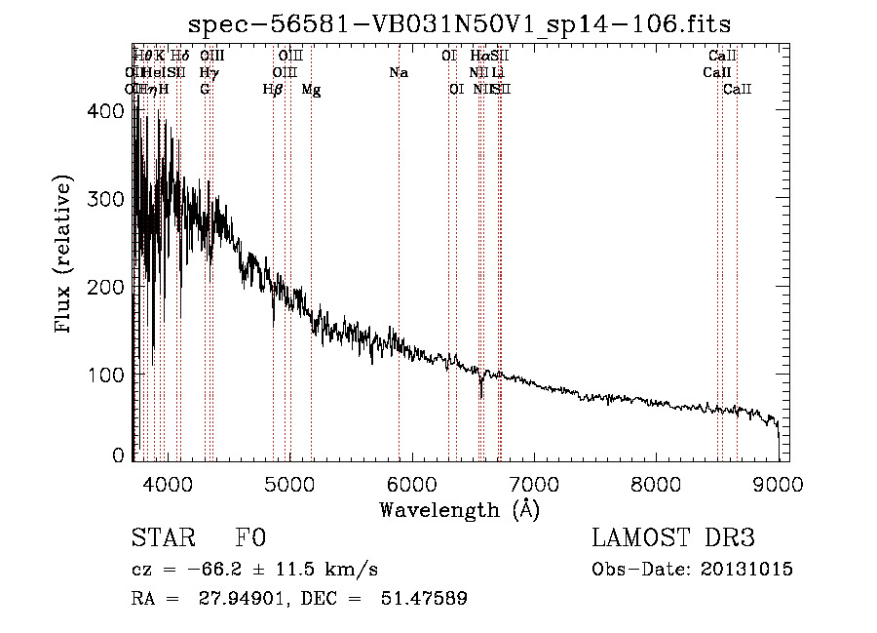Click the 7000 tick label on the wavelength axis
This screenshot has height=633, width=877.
click(x=533, y=483)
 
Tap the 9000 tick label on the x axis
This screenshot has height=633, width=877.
click(x=778, y=483)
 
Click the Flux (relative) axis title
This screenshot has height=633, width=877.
click(x=65, y=255)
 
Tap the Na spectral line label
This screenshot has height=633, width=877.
click(x=398, y=73)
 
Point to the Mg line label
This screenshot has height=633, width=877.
click(x=311, y=90)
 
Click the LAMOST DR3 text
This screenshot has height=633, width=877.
click(x=672, y=538)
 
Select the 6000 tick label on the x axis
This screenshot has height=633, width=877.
click(x=411, y=483)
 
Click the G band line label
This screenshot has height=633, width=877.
click(x=205, y=90)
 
